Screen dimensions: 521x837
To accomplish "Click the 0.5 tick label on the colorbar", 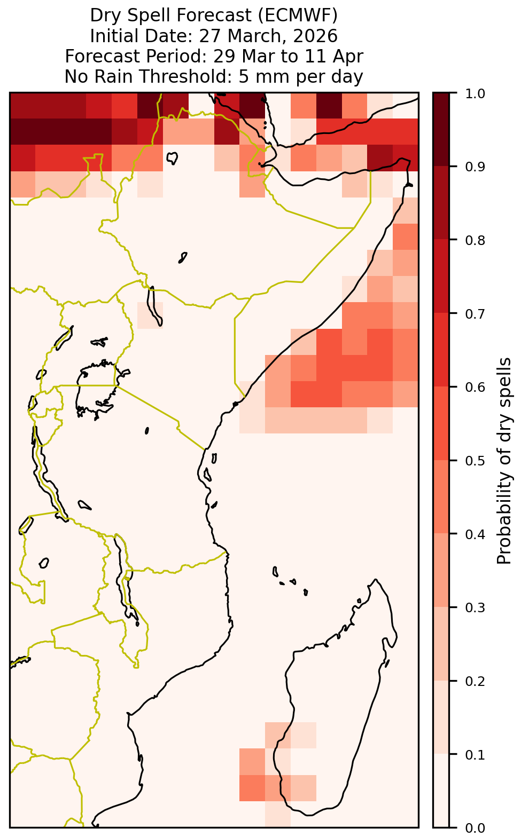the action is tap(475, 461).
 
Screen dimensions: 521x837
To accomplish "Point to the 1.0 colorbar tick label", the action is tap(475, 93).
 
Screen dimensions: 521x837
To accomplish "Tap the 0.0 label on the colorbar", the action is tap(475, 827).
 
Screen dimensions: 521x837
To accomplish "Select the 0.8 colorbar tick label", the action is tap(475, 240).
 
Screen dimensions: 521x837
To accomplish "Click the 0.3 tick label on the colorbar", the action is tap(475, 608).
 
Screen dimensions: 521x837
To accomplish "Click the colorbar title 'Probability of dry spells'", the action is tap(504, 460).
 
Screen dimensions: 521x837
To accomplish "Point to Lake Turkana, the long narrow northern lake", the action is tap(154, 305).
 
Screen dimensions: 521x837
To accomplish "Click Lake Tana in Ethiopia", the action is tap(172, 157).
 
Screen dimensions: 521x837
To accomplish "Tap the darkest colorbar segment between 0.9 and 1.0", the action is tap(441, 129).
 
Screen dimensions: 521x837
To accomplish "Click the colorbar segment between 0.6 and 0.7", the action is tap(441, 350).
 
